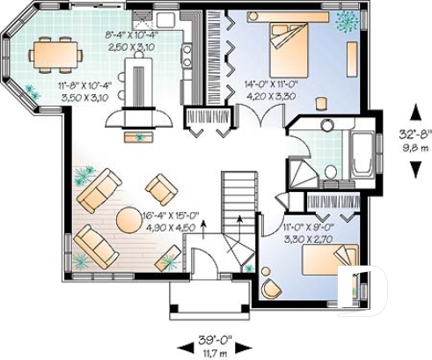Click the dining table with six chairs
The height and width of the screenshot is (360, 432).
(x=55, y=55)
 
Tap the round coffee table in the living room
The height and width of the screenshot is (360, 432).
(x=130, y=218)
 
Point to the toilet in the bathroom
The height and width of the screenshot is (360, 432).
(x=330, y=173)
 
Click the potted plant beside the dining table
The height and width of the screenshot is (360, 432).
(x=33, y=91)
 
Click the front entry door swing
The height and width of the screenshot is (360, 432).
(x=204, y=261)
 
